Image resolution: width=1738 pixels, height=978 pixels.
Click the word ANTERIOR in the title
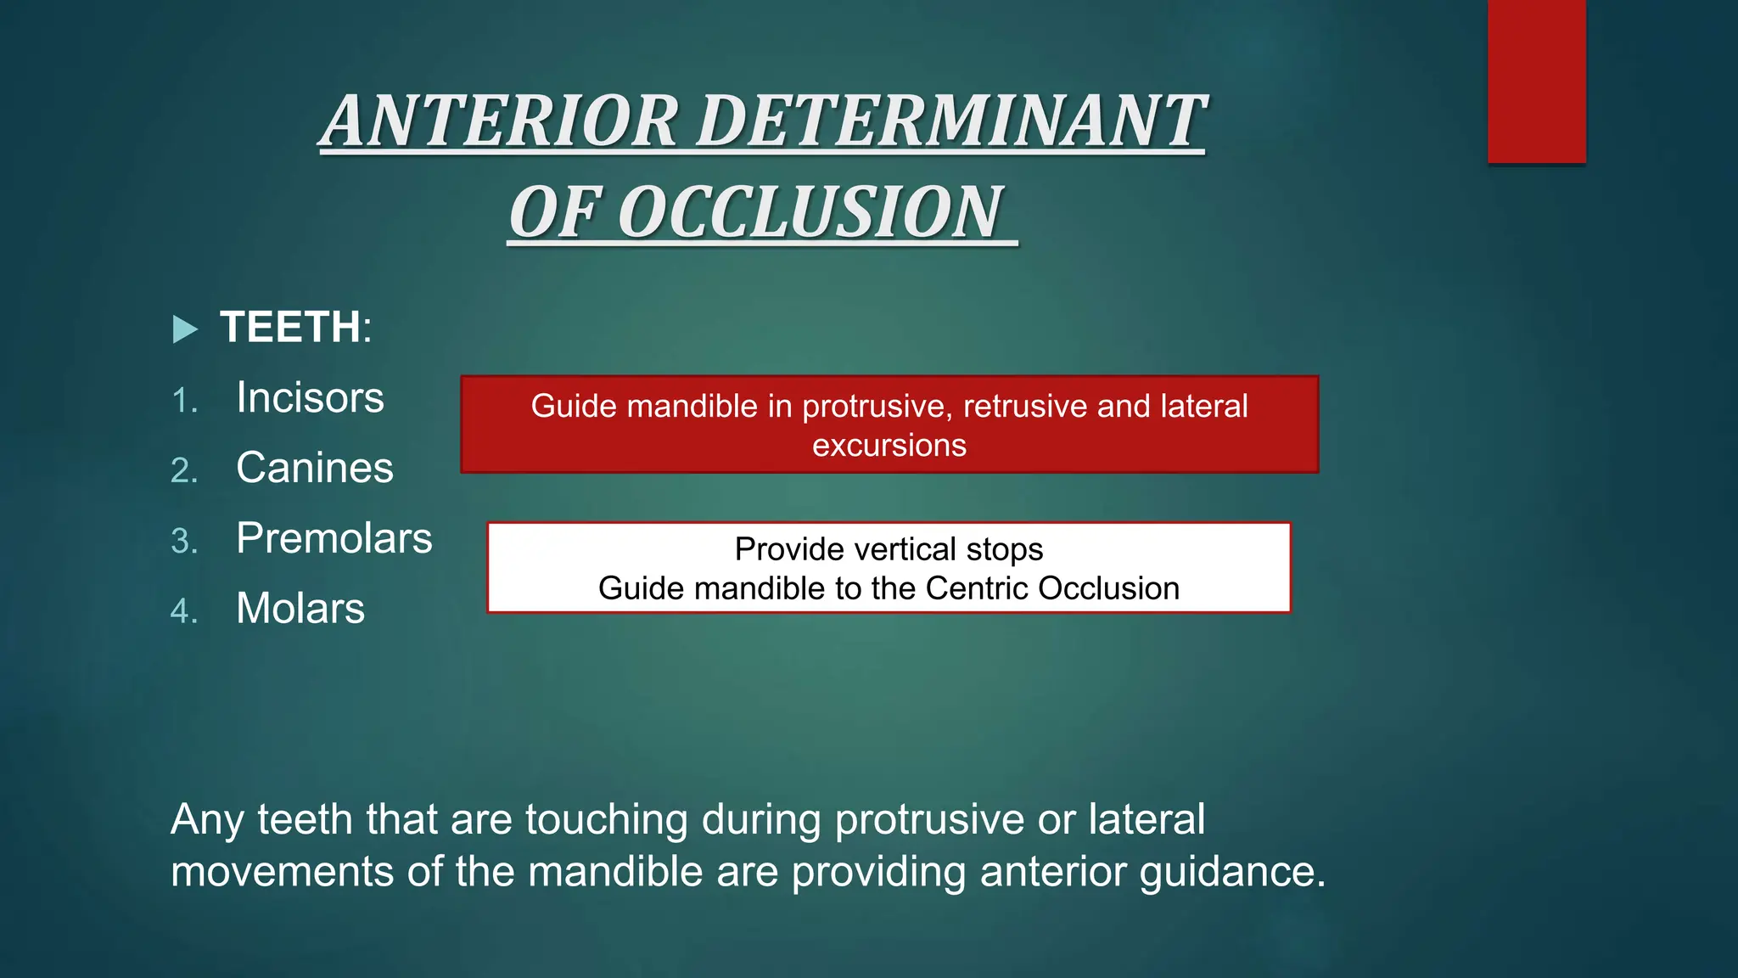501,121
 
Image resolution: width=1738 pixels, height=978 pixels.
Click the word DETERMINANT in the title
950,121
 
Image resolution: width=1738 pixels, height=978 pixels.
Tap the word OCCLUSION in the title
813,213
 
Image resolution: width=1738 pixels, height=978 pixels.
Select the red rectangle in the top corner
1536,81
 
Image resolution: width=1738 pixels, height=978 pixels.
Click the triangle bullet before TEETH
184,329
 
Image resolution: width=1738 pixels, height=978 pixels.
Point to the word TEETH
290,328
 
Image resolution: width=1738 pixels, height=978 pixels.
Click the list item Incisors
310,398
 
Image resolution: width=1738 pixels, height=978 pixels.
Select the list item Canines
314,469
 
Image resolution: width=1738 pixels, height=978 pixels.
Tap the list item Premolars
334,539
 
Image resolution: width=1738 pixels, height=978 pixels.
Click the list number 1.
184,401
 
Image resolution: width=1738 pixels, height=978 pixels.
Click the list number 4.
184,611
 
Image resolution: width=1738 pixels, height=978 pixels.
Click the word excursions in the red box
889,446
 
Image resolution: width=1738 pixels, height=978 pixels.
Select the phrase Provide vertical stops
889,549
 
